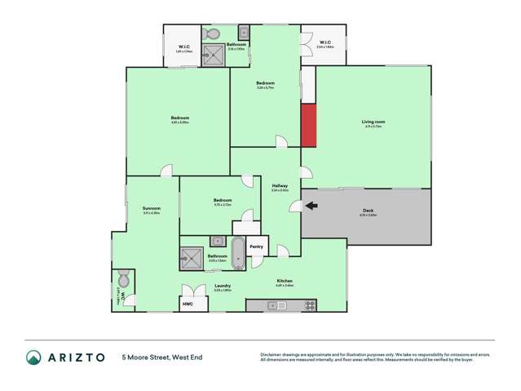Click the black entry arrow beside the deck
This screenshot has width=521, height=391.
(x=311, y=206)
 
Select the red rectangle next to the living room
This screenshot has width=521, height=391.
(x=308, y=126)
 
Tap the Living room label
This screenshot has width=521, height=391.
(x=373, y=122)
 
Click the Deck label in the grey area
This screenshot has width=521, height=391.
(x=368, y=211)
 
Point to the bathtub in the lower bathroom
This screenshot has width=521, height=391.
(x=237, y=253)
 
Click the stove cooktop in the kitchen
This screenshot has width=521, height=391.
(x=310, y=305)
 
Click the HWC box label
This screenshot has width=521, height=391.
(x=188, y=304)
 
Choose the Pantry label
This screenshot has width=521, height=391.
(x=256, y=246)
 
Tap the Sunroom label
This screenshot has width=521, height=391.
(x=151, y=208)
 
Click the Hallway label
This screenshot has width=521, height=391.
(x=280, y=186)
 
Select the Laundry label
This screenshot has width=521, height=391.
(x=222, y=286)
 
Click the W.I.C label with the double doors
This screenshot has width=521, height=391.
(x=325, y=42)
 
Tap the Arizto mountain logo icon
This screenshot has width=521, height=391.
(x=33, y=357)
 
